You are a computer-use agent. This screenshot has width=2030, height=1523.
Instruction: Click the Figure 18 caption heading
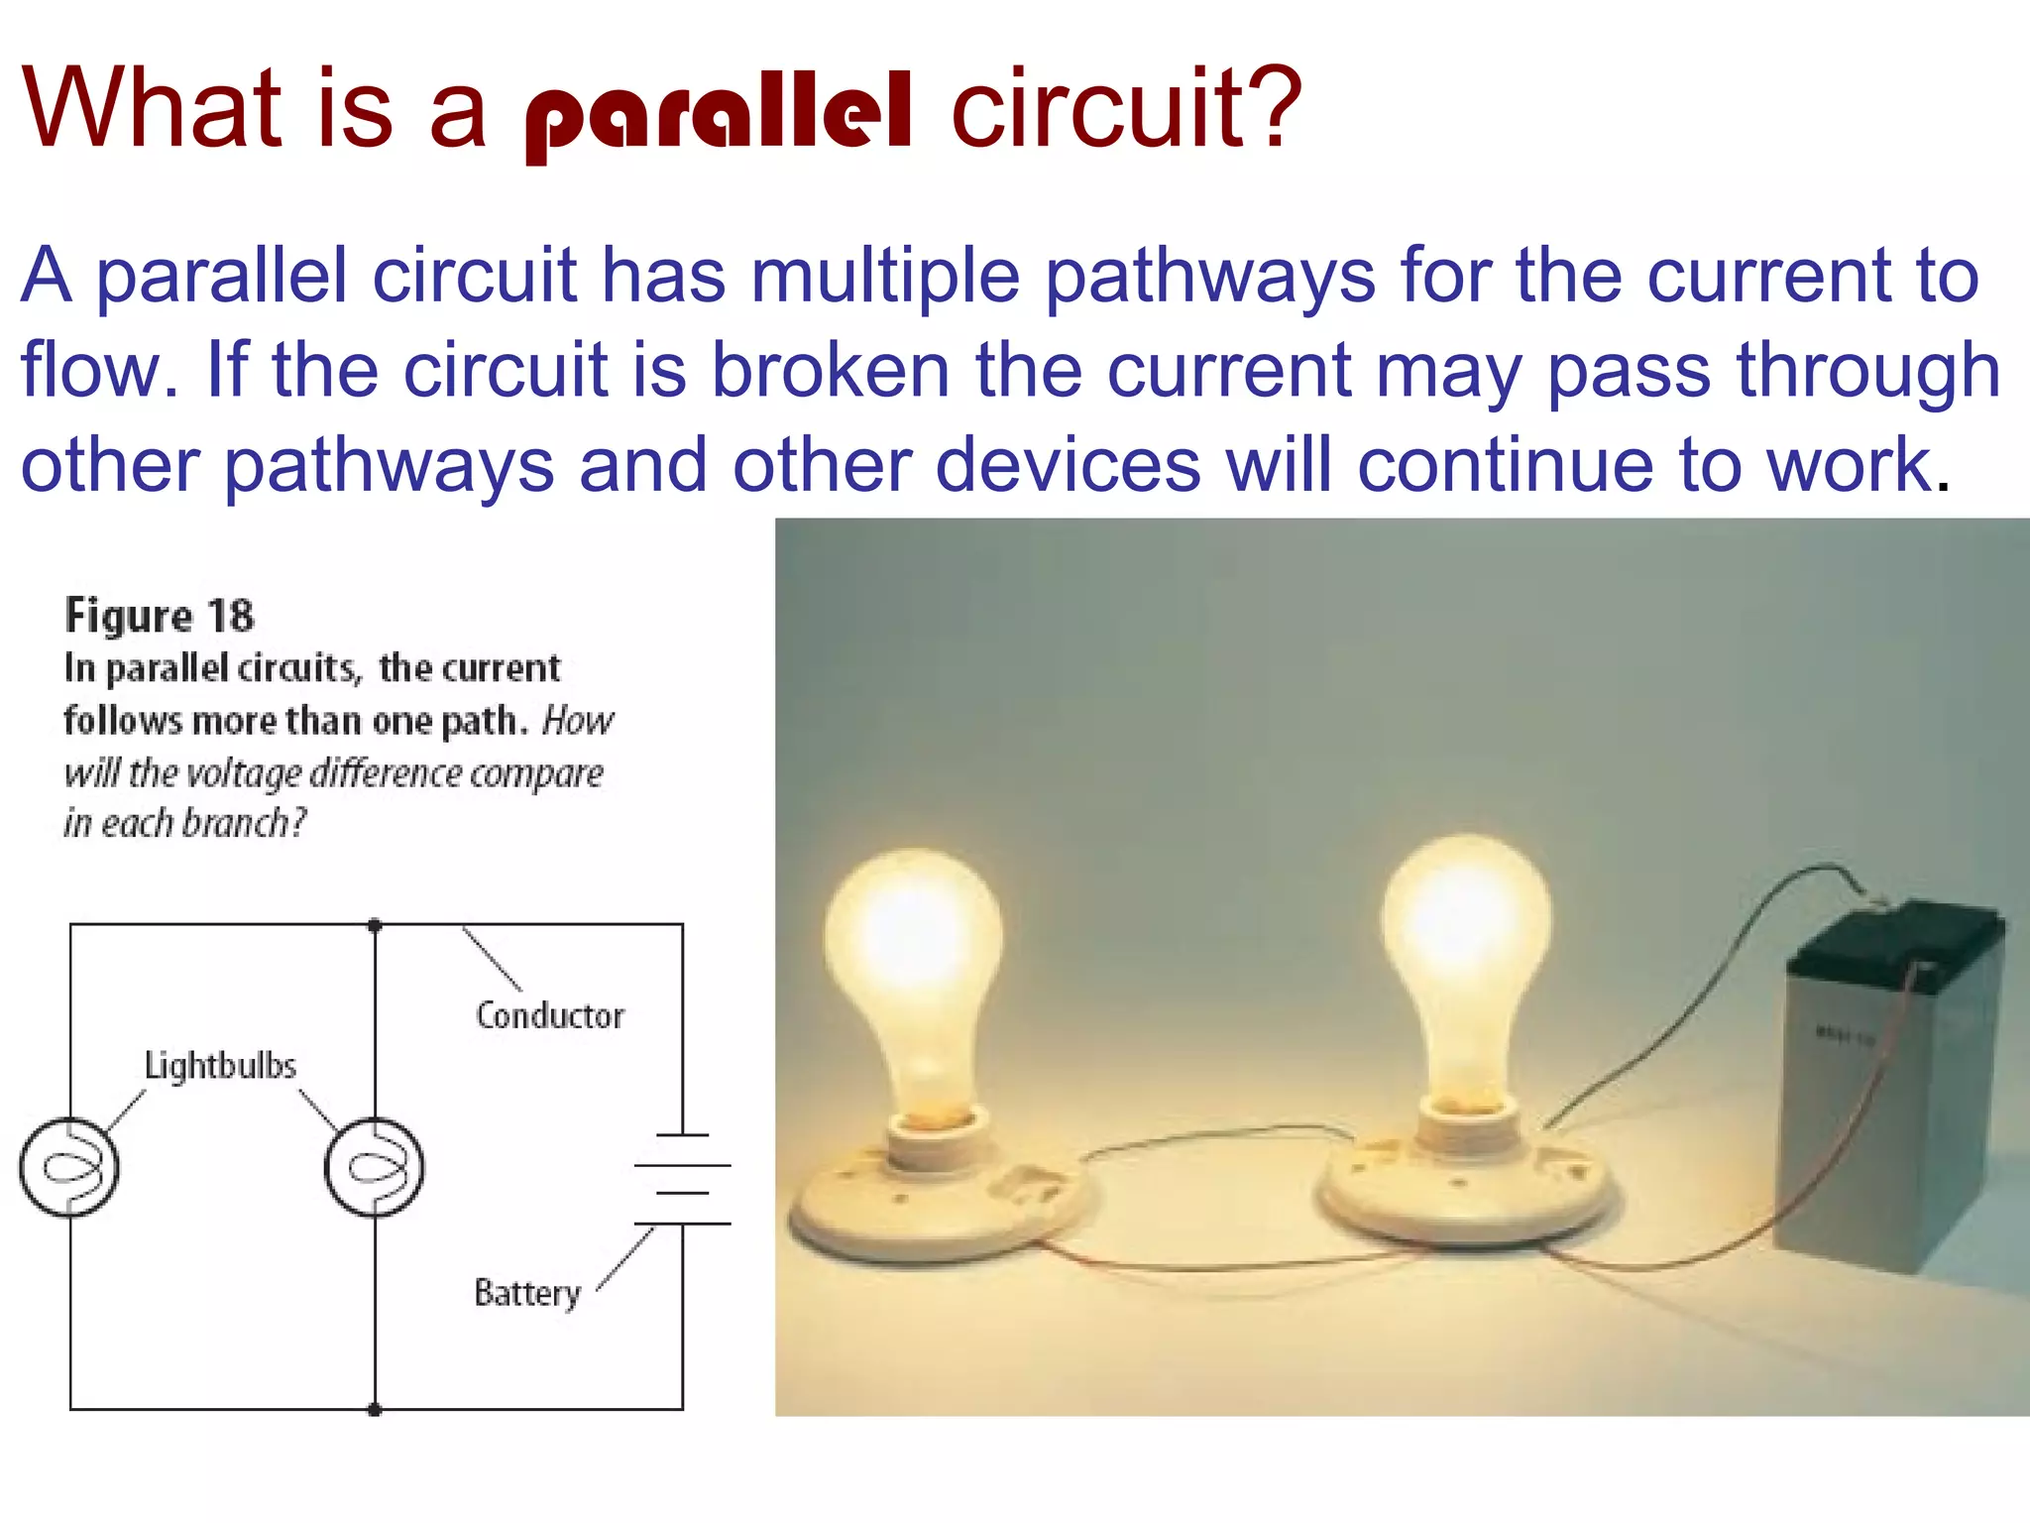(x=159, y=616)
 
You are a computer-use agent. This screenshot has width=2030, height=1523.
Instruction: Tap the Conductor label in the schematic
(x=550, y=1016)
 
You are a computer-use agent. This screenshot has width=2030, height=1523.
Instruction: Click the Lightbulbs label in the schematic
(x=220, y=1066)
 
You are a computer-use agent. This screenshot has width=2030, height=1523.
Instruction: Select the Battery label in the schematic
(x=527, y=1293)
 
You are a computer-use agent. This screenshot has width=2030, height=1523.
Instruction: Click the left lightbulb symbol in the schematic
(x=69, y=1167)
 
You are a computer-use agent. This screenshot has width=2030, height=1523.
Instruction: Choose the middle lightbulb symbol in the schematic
(x=375, y=1167)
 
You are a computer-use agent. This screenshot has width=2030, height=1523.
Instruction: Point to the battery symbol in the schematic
(x=682, y=1180)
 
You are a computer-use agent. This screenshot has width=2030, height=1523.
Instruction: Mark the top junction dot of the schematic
(x=375, y=925)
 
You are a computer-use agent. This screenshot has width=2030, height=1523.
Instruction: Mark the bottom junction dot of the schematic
(x=375, y=1409)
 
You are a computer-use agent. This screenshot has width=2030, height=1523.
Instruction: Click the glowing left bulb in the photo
(x=912, y=952)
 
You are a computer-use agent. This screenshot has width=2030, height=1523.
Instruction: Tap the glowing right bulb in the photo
(x=1467, y=942)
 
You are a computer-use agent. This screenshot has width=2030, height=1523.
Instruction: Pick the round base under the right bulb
(x=1467, y=1190)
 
